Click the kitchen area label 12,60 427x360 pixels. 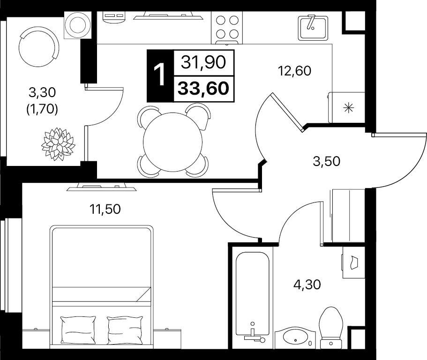tap(294, 71)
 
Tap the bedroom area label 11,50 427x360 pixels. tap(105, 209)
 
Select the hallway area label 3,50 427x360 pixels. tap(327, 161)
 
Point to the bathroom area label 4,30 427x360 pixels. tap(307, 285)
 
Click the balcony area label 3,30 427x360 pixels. tap(42, 92)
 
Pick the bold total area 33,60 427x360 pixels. tap(203, 89)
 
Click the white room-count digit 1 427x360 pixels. tap(159, 75)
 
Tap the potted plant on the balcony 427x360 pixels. tap(58, 144)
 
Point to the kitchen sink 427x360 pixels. tap(313, 28)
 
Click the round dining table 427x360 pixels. tap(172, 142)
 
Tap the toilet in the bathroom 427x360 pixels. tap(331, 328)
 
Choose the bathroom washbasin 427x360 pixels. tap(295, 337)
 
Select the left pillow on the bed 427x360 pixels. tap(78, 330)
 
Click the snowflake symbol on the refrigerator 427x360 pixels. tap(349, 108)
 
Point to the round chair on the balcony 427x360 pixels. tap(39, 46)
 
